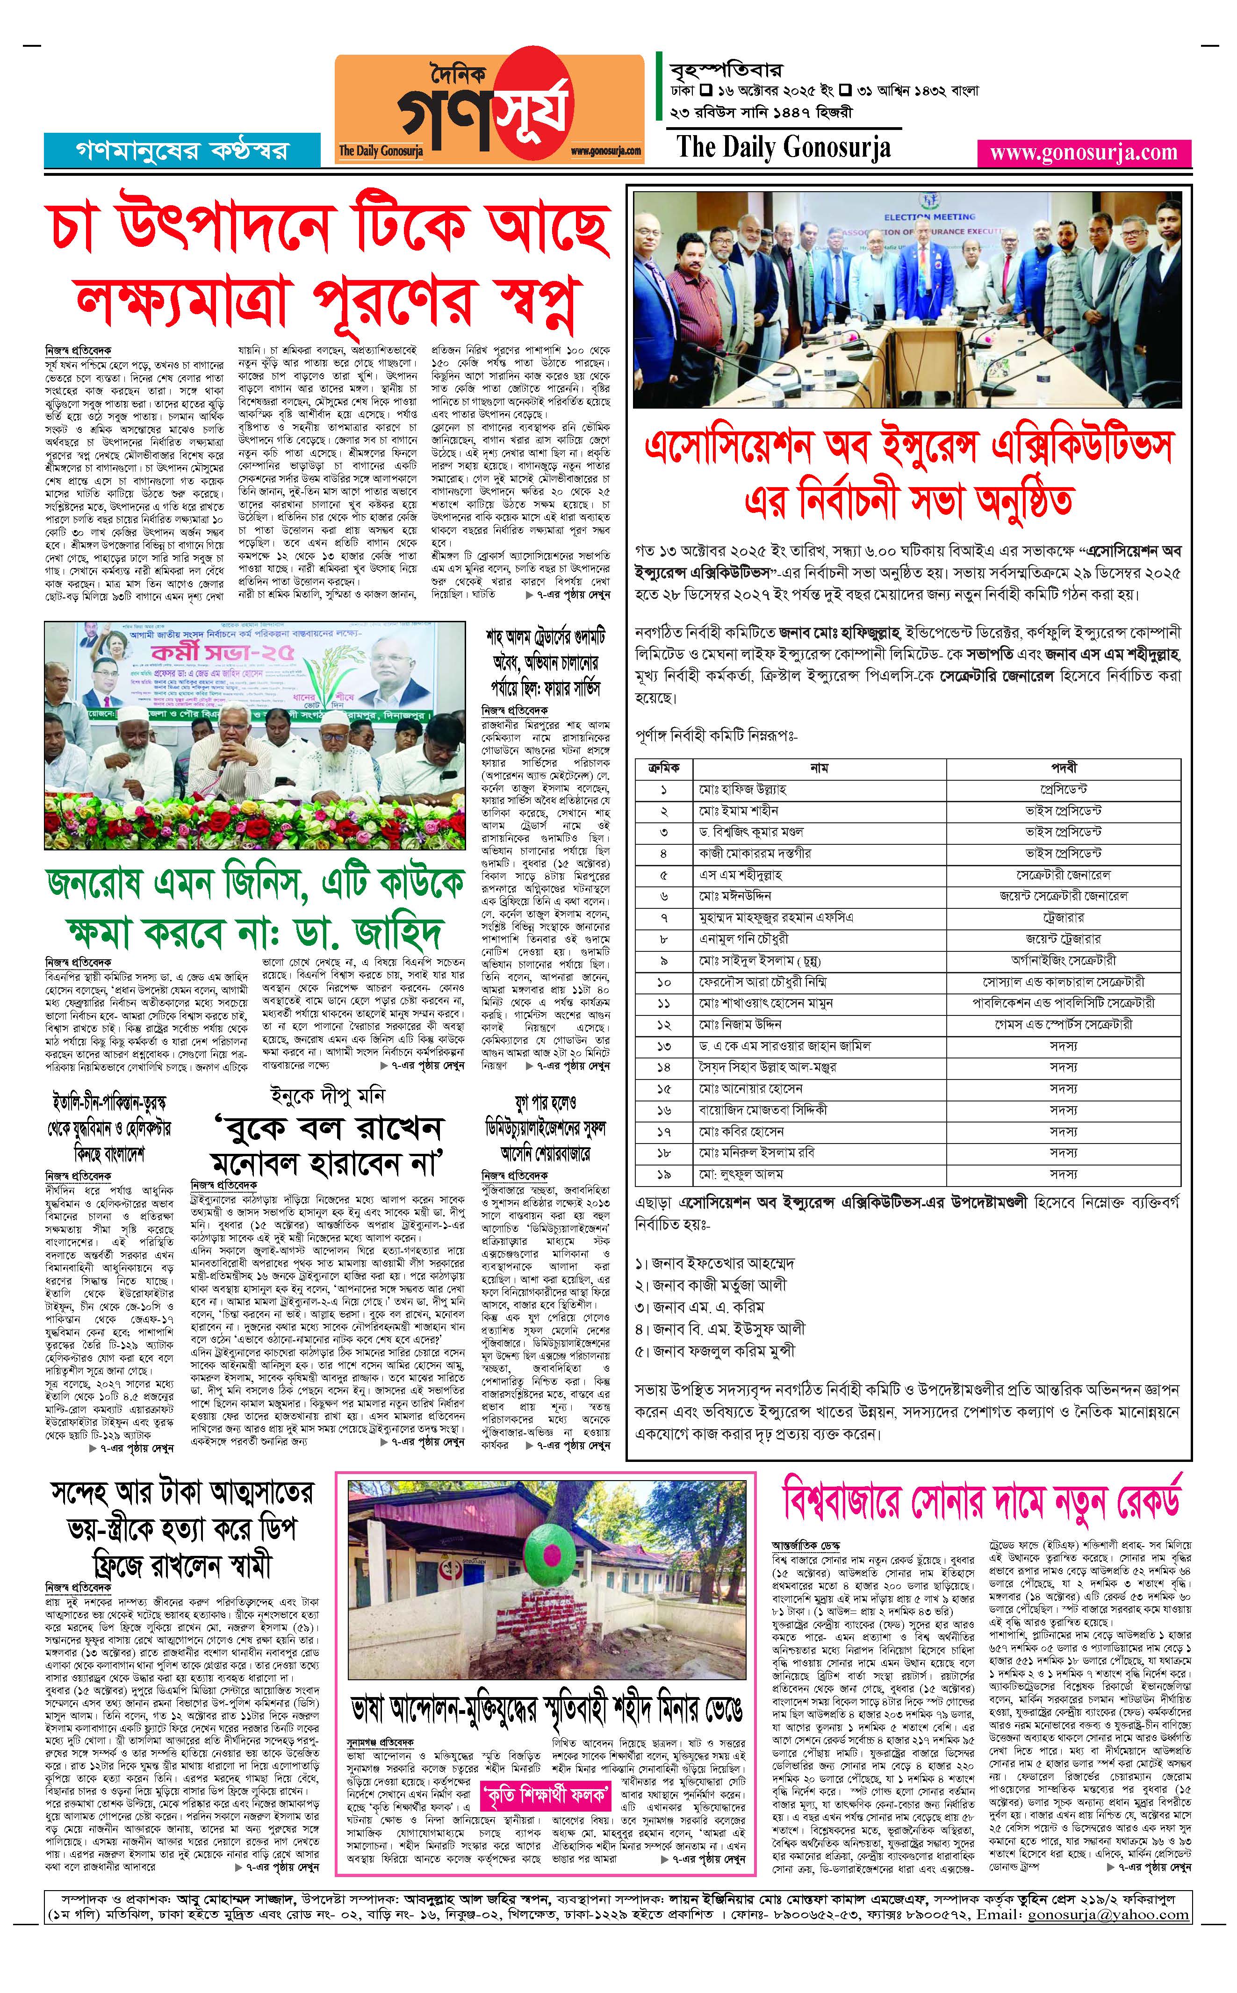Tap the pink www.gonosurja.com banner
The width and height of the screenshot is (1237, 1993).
[x=1083, y=153]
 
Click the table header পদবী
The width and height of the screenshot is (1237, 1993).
[x=1064, y=768]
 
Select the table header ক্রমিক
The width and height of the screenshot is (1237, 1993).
[x=663, y=768]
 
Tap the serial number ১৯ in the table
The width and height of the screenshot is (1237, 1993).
[x=663, y=1174]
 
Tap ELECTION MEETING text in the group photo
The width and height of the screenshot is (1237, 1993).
[x=929, y=217]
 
